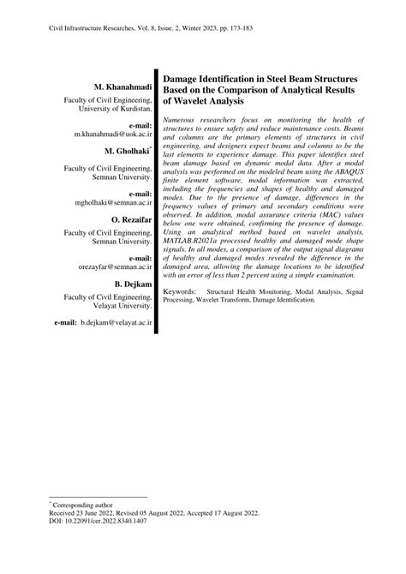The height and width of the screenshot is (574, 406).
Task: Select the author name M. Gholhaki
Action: point(126,151)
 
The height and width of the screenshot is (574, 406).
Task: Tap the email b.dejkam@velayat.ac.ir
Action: point(116,325)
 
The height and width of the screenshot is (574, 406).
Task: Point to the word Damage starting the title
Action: point(182,77)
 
